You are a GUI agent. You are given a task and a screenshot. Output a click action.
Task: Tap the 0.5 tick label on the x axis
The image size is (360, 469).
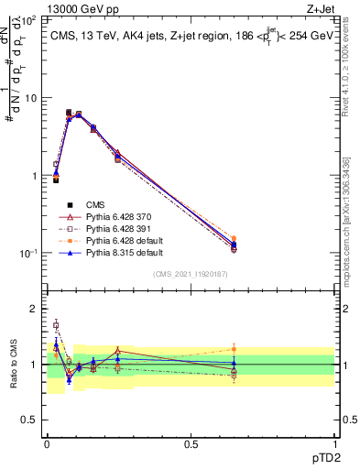pyautogui.click(x=191, y=443)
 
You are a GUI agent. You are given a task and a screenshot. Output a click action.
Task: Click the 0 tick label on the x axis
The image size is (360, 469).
pyautogui.click(x=47, y=443)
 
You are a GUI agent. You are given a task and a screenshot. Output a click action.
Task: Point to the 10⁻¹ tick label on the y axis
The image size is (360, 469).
pyautogui.click(x=27, y=254)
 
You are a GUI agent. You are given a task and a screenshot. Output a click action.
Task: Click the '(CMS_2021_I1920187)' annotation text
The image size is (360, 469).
pyautogui.click(x=191, y=274)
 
